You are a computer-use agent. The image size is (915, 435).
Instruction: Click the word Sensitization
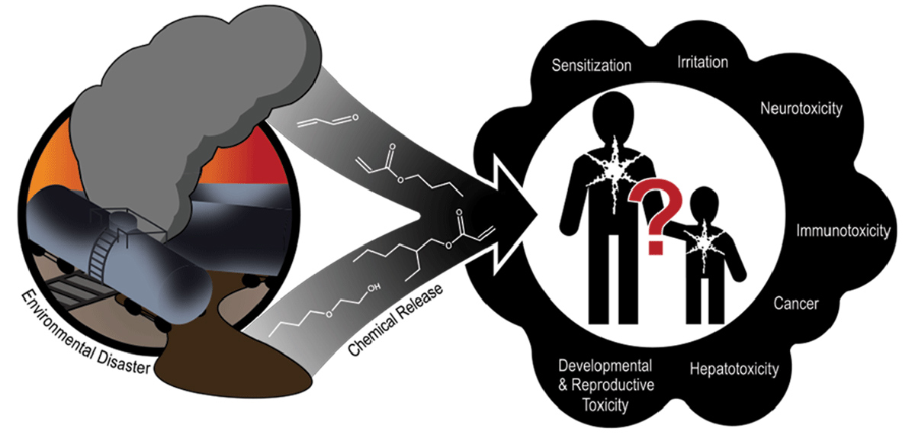click(592, 66)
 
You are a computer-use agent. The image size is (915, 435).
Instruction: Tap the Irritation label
click(702, 62)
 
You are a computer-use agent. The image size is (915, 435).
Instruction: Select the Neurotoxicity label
click(801, 108)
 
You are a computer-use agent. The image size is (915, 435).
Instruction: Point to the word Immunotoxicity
click(843, 230)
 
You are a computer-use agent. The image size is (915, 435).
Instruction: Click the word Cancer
click(795, 304)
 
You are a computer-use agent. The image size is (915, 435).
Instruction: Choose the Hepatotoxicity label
click(734, 370)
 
